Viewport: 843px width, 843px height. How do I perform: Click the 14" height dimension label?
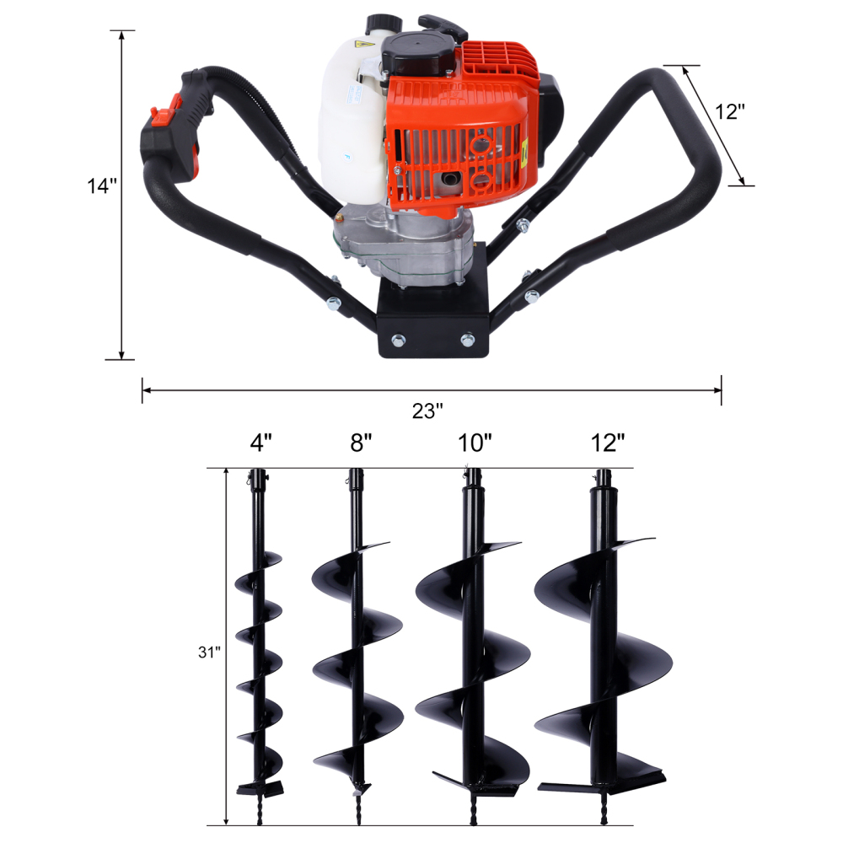pyautogui.click(x=100, y=186)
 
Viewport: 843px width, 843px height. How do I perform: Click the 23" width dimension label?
pyautogui.click(x=427, y=411)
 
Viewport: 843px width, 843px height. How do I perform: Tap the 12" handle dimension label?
pyautogui.click(x=730, y=112)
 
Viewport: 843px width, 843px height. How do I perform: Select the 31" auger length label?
pyautogui.click(x=209, y=652)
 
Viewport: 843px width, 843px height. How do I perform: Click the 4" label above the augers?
pyautogui.click(x=261, y=443)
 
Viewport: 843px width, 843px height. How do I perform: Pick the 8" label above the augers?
pyautogui.click(x=361, y=443)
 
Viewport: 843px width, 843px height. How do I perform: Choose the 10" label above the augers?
pyautogui.click(x=475, y=443)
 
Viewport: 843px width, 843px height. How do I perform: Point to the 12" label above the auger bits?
pyautogui.click(x=608, y=443)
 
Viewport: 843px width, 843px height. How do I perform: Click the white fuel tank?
pyautogui.click(x=346, y=126)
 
